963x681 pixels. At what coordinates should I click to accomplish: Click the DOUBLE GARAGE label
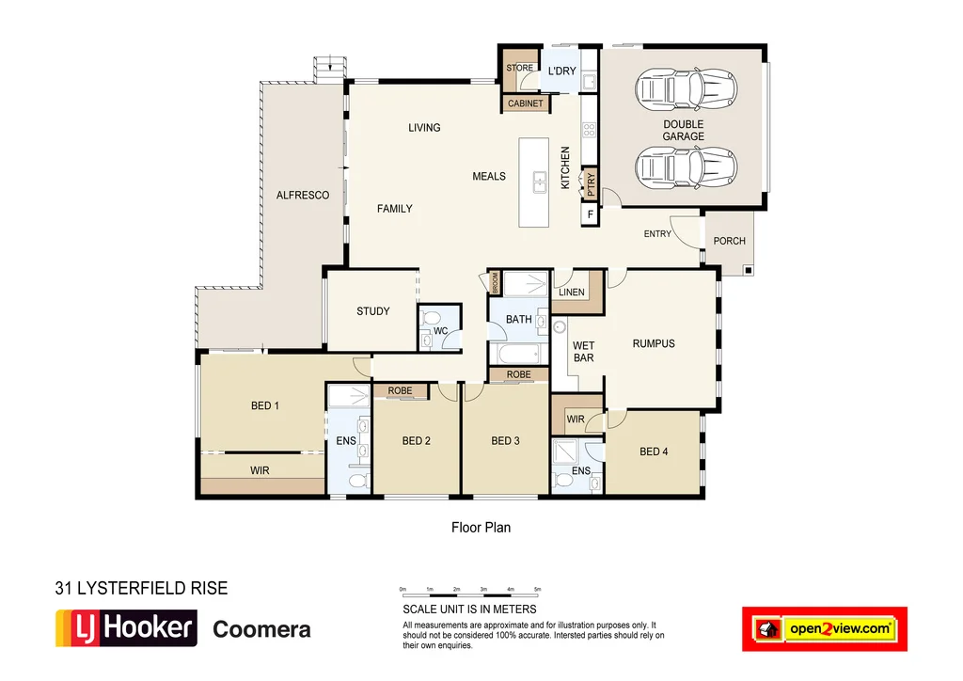(683, 130)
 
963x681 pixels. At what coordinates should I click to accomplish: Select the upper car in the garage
(684, 90)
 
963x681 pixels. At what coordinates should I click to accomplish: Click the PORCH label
(729, 241)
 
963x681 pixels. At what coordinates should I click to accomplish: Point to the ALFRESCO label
(302, 196)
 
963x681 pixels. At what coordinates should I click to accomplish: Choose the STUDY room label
(372, 311)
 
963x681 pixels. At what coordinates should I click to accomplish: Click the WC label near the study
(440, 331)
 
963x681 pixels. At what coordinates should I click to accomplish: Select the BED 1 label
(265, 406)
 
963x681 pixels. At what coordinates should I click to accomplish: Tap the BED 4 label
(654, 451)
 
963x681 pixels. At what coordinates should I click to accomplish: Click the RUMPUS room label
(654, 343)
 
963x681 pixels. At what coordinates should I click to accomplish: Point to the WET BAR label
(584, 352)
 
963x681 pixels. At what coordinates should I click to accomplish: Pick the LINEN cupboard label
(571, 293)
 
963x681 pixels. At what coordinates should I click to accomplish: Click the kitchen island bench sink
(541, 181)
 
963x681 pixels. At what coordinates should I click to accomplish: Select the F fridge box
(590, 215)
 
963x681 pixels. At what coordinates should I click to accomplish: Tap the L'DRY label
(561, 71)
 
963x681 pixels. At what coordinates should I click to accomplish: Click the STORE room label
(519, 69)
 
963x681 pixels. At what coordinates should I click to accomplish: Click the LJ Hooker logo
(126, 627)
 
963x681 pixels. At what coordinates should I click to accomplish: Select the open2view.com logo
(824, 628)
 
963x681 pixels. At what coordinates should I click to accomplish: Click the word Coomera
(261, 629)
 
